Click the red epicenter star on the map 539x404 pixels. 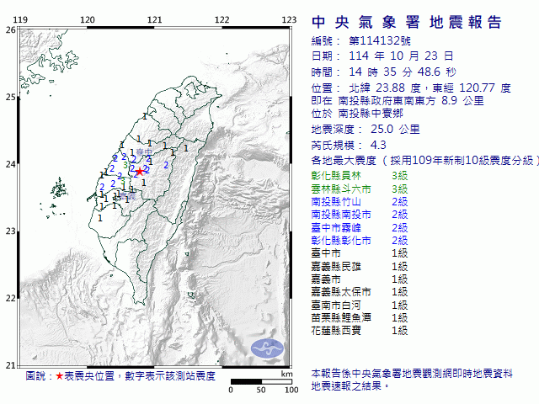click(139, 172)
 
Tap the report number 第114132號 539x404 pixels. click(372, 40)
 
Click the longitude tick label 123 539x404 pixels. click(288, 20)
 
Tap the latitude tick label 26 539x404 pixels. click(9, 29)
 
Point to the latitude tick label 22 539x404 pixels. click(9, 298)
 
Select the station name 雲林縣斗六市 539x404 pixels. click(340, 189)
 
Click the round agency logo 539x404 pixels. click(269, 347)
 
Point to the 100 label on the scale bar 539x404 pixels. click(291, 391)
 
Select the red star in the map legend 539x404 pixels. click(59, 375)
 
